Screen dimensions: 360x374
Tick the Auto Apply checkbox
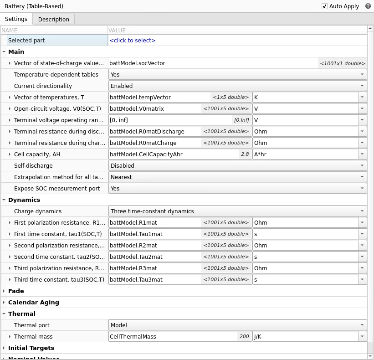click(x=324, y=6)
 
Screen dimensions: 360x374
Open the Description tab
click(x=53, y=19)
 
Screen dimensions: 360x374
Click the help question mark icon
click(x=368, y=6)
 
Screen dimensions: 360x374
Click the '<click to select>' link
click(x=133, y=41)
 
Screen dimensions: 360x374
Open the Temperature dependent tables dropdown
click(x=237, y=75)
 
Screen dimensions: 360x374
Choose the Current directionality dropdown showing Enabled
click(x=237, y=86)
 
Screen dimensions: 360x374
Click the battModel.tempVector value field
click(x=159, y=98)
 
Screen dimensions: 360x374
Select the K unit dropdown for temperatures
click(x=309, y=98)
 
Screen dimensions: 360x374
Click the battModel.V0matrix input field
click(x=155, y=109)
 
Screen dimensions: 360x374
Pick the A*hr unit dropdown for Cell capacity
click(x=309, y=154)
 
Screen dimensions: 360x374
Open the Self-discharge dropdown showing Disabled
click(x=237, y=166)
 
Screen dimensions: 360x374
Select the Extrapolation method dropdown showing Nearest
click(x=237, y=177)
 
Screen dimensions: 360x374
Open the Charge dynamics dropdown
click(x=237, y=211)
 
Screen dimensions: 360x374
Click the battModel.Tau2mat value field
click(x=155, y=257)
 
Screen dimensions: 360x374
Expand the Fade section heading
click(x=16, y=291)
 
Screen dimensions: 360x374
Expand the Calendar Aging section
click(x=33, y=303)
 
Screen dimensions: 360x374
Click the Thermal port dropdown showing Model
click(x=237, y=325)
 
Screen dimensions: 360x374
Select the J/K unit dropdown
click(x=309, y=337)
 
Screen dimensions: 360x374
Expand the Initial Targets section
click(x=31, y=348)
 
